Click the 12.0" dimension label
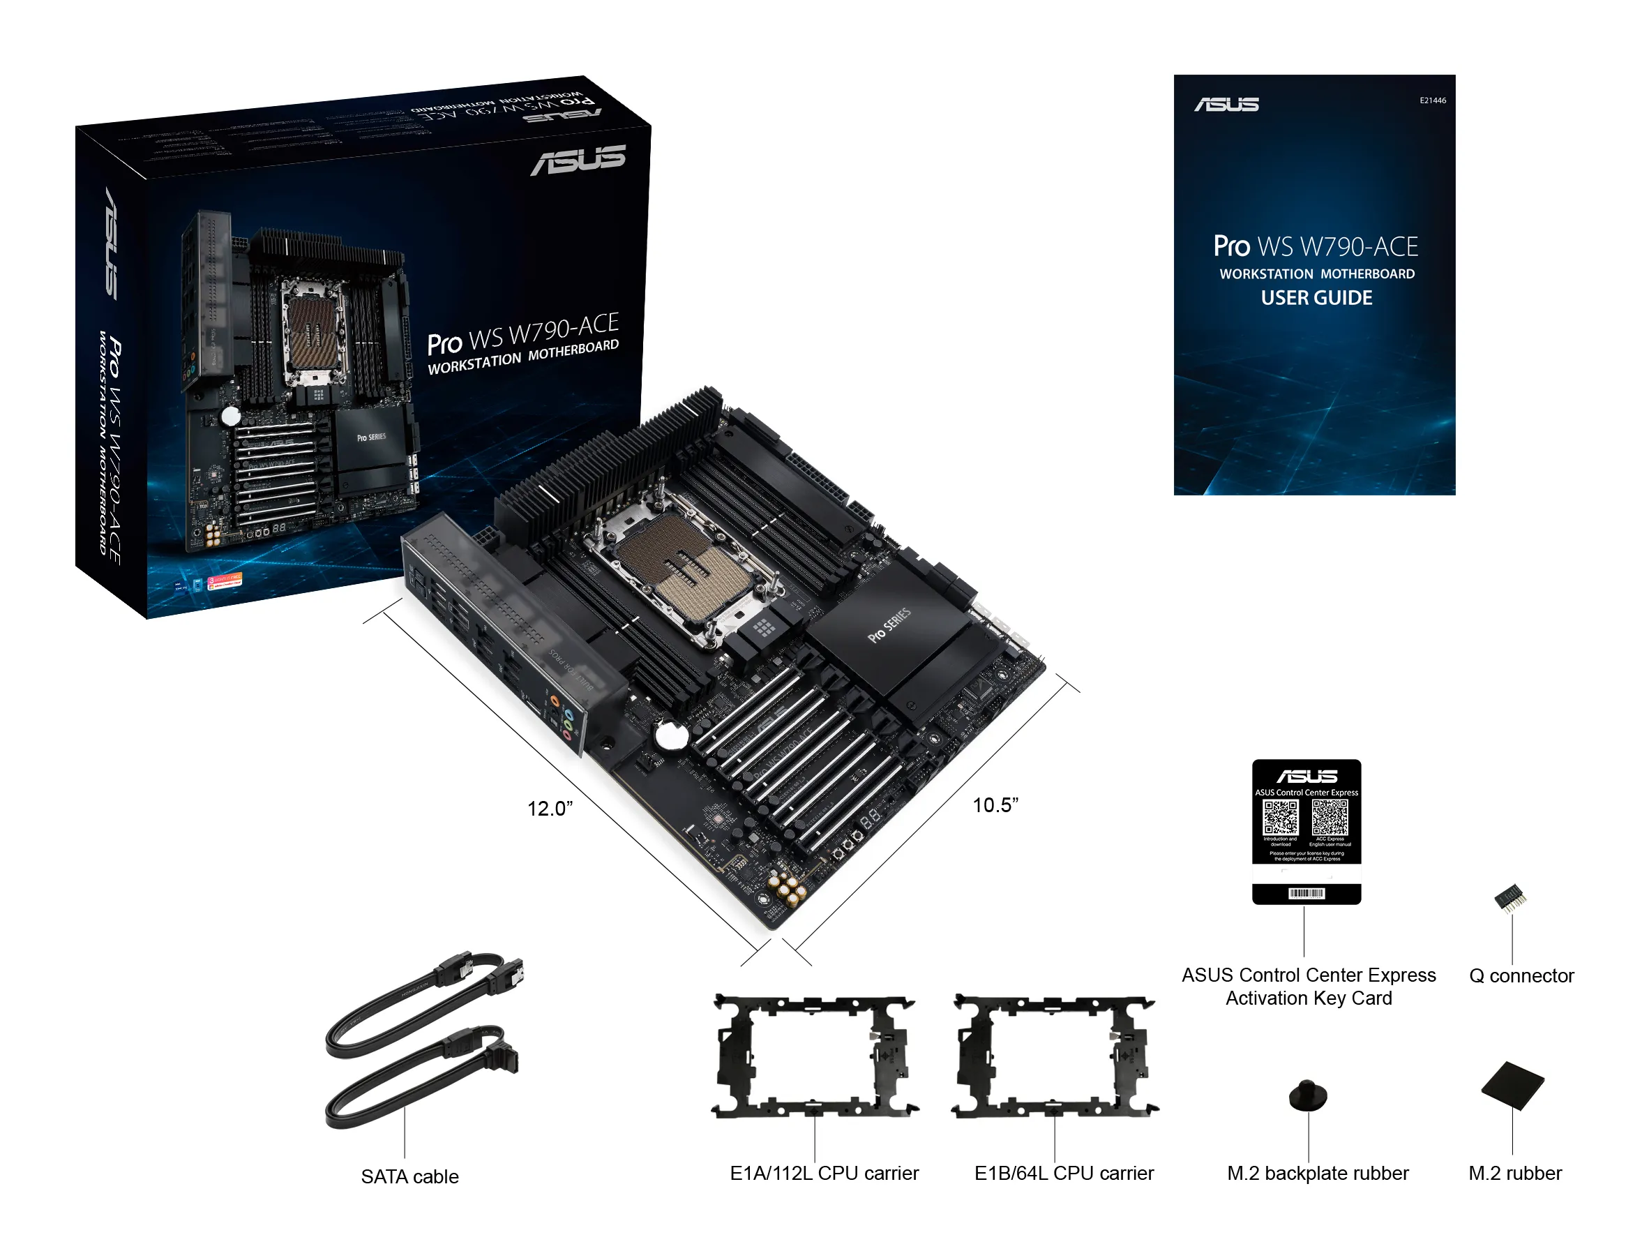(x=550, y=809)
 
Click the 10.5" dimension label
(x=995, y=805)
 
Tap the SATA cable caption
(x=409, y=1176)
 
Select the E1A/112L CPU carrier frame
(x=815, y=1056)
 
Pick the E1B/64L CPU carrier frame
(x=1055, y=1056)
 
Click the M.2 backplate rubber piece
(x=1308, y=1096)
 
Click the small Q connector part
(x=1509, y=897)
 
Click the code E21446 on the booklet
(x=1433, y=100)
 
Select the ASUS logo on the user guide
(x=1226, y=105)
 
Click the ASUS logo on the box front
(x=578, y=160)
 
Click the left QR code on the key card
(x=1280, y=817)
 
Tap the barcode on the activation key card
(x=1307, y=893)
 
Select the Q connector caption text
(x=1521, y=975)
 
